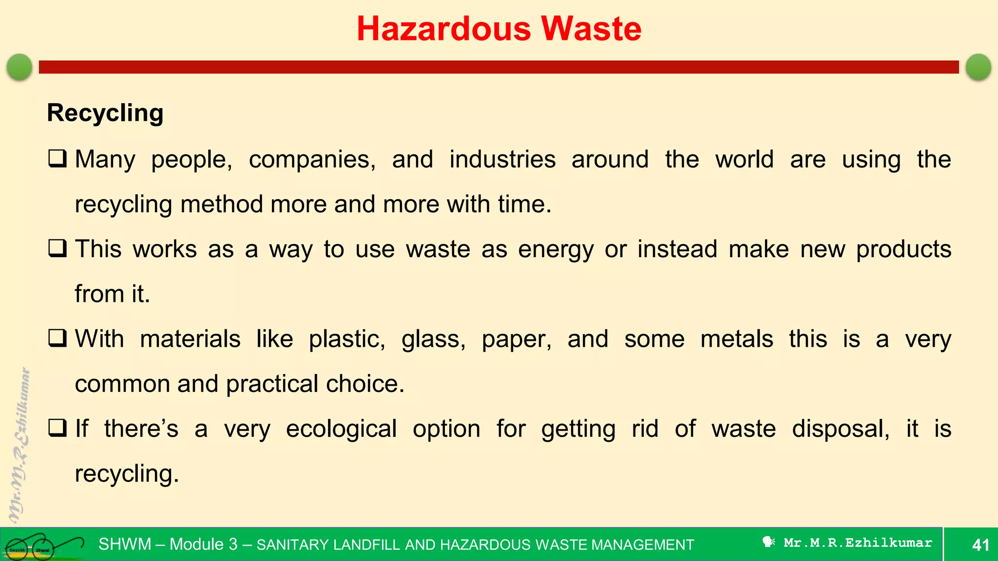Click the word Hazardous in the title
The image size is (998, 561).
(443, 29)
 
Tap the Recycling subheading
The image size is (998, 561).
(105, 113)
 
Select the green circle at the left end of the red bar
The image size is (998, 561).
(19, 67)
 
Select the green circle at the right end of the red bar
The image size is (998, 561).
(978, 67)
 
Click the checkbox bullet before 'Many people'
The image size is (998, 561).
(58, 159)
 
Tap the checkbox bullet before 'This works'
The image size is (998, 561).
(58, 249)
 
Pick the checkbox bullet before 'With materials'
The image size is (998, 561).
(58, 338)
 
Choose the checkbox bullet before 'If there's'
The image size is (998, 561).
(58, 429)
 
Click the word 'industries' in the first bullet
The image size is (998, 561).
(502, 159)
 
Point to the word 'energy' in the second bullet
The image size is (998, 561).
(556, 250)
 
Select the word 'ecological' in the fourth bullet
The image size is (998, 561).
(341, 430)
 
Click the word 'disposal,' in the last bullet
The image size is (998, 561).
(841, 430)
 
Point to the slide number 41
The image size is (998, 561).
(980, 545)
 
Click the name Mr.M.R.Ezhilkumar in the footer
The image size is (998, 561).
(858, 543)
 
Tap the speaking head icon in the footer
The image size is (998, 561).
(768, 542)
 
